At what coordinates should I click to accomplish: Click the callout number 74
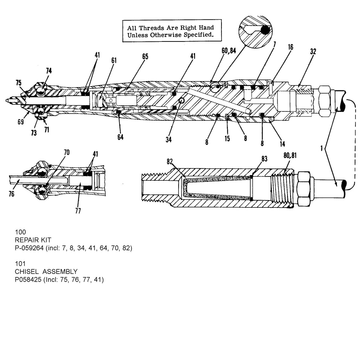pos(49,71)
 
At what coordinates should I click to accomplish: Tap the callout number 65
pos(145,57)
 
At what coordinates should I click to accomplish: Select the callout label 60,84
pos(229,51)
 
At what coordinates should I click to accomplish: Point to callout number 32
pos(313,51)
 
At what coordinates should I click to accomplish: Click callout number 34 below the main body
pos(168,139)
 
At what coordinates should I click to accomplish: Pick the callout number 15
pos(227,139)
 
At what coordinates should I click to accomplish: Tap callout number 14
pos(282,144)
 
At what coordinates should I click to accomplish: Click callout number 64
pos(120,137)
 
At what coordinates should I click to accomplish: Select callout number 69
pos(21,122)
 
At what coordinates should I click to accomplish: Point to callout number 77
pos(78,211)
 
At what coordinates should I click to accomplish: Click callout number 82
pos(170,162)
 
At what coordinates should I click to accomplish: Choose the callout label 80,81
pos(290,155)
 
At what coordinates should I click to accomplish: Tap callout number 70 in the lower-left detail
pos(66,153)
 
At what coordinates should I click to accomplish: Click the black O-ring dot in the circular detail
pos(265,30)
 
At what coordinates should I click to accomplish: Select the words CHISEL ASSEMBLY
pos(46,272)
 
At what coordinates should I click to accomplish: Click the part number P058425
pos(28,279)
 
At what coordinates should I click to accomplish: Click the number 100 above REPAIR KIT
pos(20,232)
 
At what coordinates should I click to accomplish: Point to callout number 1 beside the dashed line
pos(322,148)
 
